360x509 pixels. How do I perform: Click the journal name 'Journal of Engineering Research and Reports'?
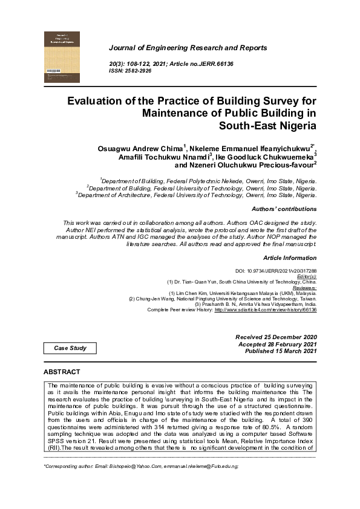188,48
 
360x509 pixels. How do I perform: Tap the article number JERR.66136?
213,63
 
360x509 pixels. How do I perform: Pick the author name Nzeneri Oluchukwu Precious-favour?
243,164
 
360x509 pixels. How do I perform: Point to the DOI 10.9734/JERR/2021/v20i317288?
275,271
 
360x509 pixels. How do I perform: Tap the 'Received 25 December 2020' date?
275,336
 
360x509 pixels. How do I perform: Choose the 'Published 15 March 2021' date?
277,351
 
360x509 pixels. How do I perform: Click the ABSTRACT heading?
62,371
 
